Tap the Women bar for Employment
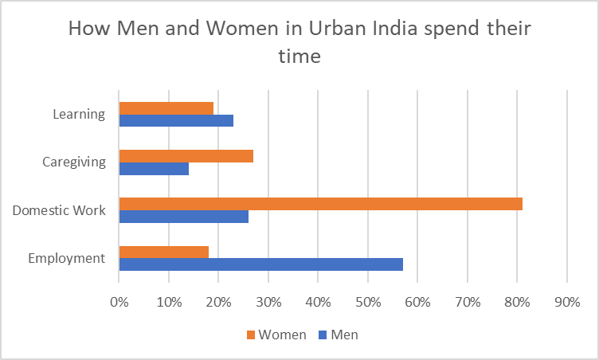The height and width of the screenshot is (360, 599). click(x=163, y=252)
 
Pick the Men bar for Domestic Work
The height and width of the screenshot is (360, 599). click(x=183, y=216)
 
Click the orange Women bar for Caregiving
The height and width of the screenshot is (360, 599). click(x=186, y=156)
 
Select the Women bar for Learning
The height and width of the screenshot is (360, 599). click(x=166, y=108)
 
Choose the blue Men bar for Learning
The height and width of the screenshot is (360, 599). click(x=176, y=120)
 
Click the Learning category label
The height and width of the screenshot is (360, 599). click(x=79, y=114)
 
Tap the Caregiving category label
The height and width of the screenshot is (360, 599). click(x=73, y=162)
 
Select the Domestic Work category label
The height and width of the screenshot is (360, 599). click(x=59, y=210)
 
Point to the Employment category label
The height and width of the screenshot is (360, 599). click(x=66, y=258)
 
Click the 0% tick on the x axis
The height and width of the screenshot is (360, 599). click(x=119, y=302)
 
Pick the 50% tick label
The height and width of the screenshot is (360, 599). click(x=367, y=302)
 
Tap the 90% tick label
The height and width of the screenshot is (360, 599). click(x=566, y=302)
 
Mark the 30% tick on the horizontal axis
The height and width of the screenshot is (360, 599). click(x=268, y=302)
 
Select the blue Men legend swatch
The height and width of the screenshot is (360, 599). click(x=323, y=335)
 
